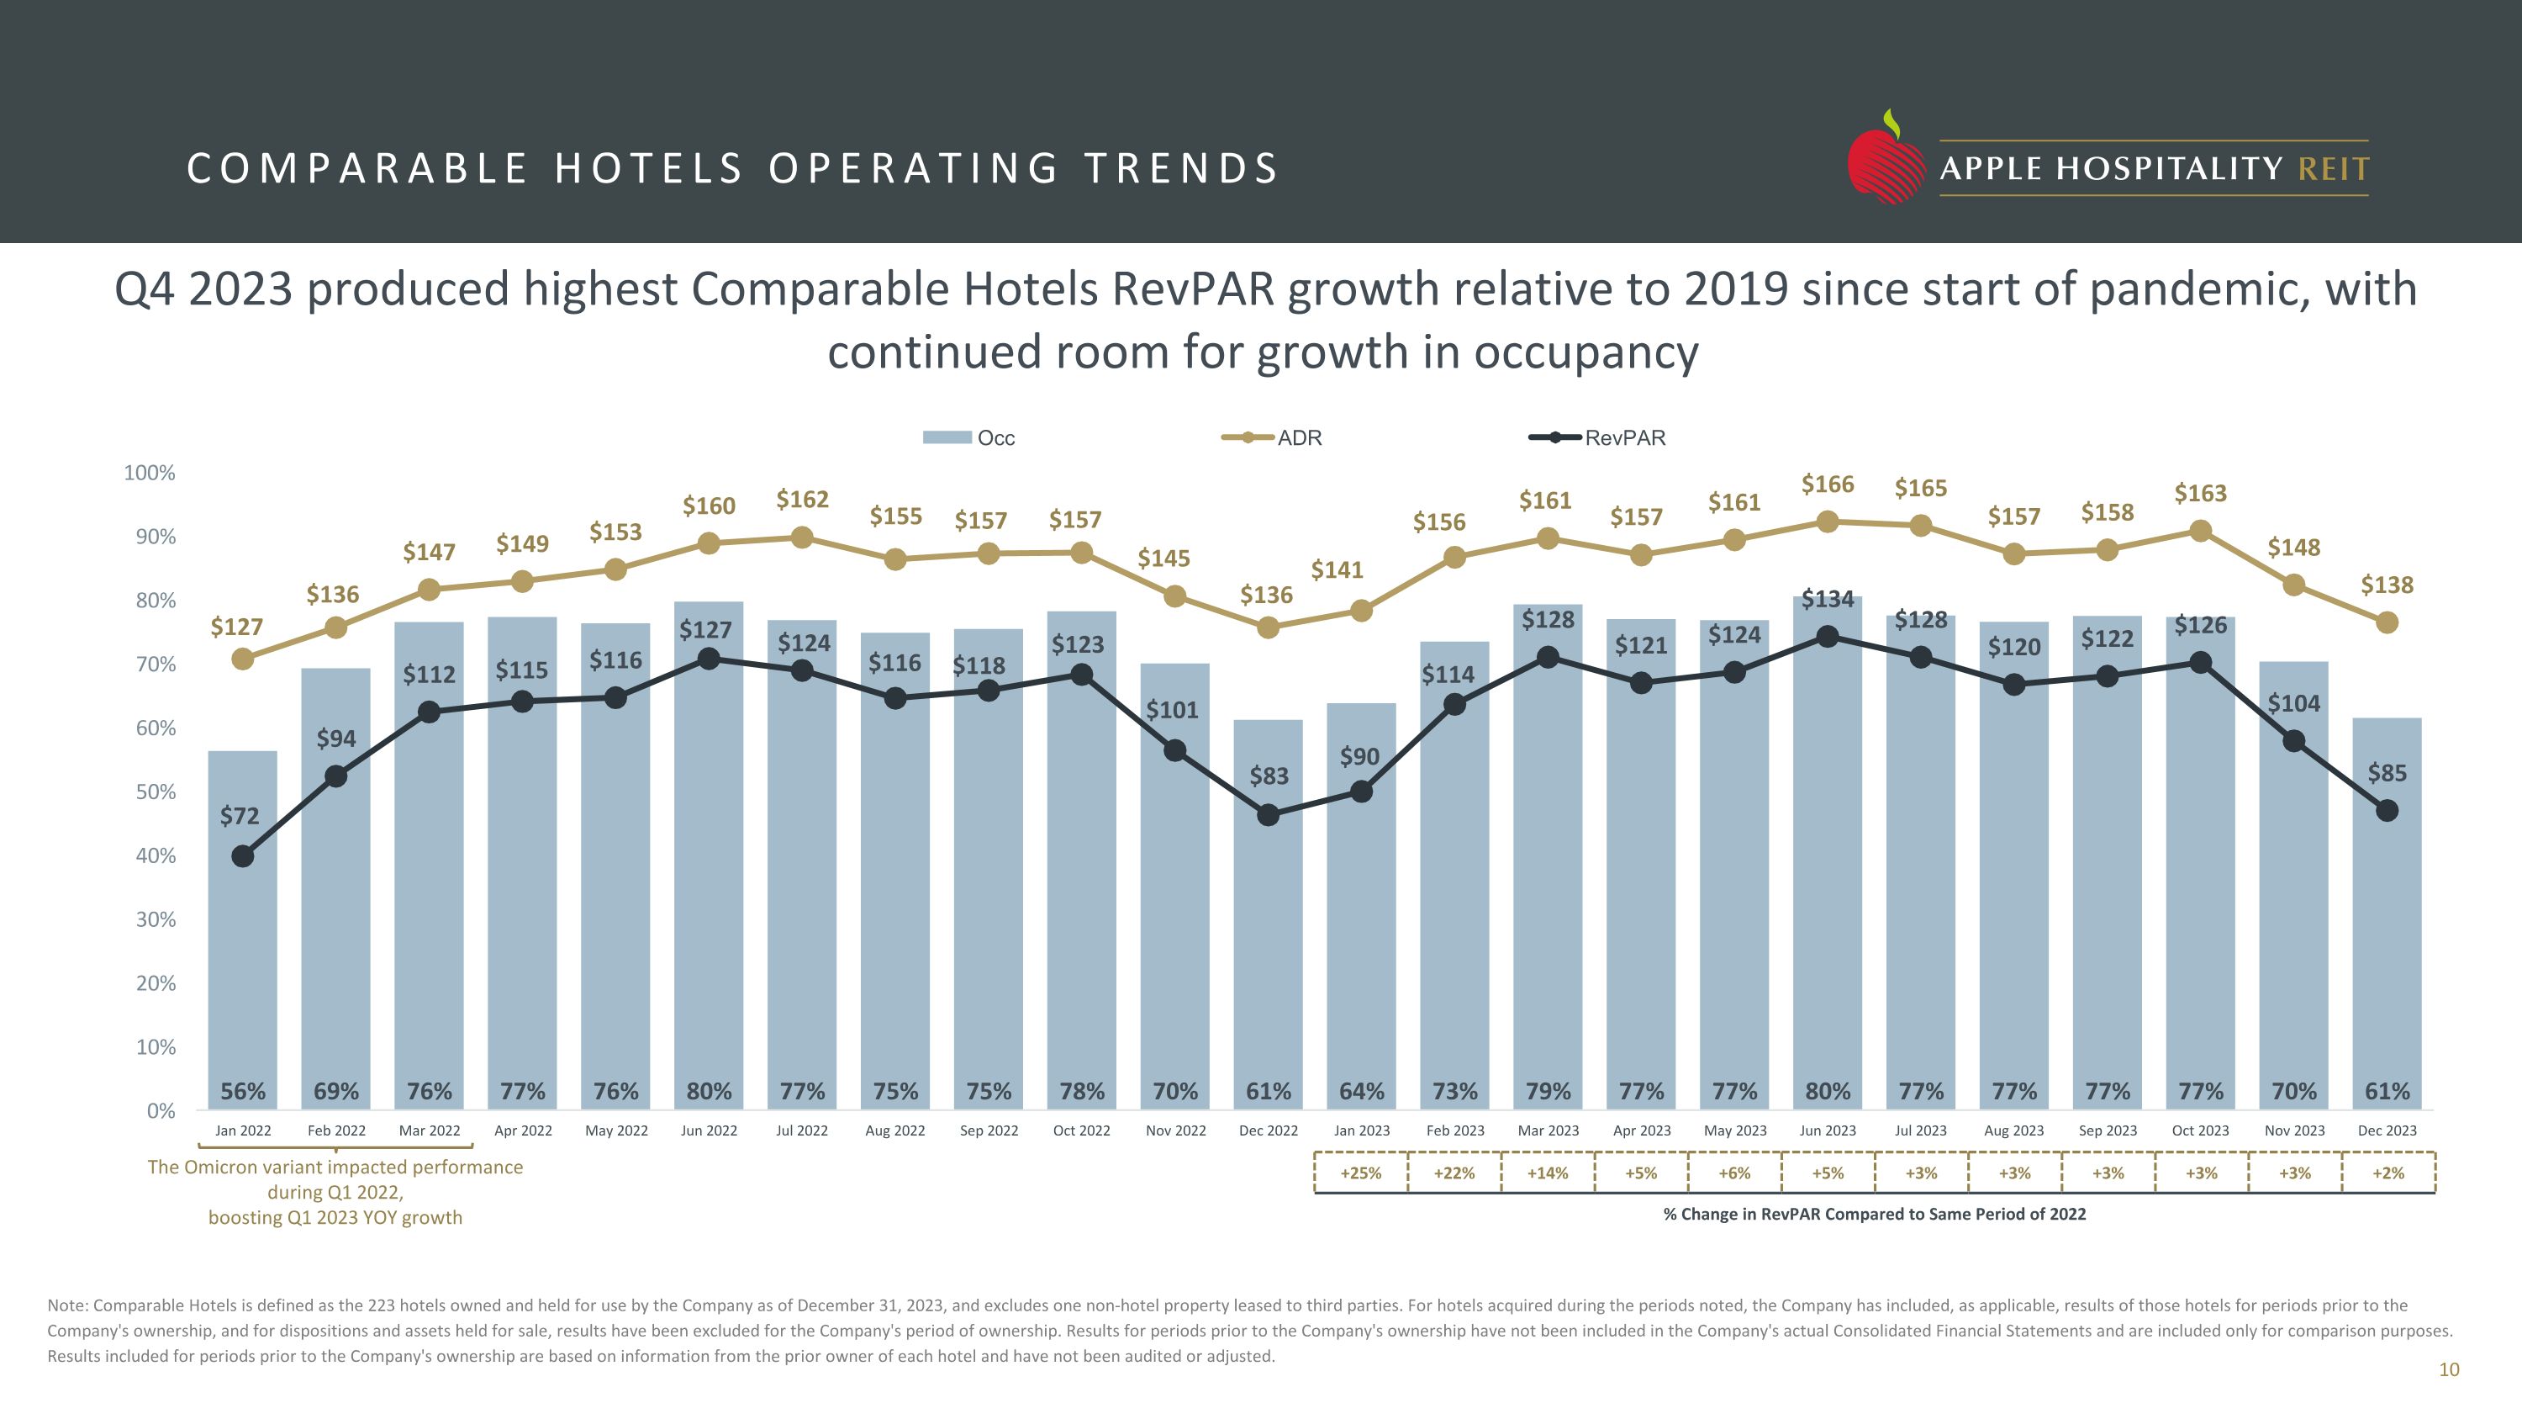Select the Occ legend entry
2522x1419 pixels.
click(x=969, y=437)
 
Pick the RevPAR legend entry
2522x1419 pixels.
click(x=1596, y=437)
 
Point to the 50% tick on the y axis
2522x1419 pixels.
click(x=156, y=792)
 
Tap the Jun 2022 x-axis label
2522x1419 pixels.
click(x=709, y=1130)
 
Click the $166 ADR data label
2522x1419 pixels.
click(x=1827, y=484)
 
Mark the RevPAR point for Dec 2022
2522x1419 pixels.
click(x=1268, y=815)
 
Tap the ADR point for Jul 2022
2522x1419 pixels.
click(x=802, y=537)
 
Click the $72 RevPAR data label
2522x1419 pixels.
click(x=239, y=816)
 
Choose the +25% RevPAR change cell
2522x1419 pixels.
click(x=1361, y=1173)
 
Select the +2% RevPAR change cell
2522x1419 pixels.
click(x=2387, y=1173)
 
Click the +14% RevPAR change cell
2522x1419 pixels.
click(x=1548, y=1173)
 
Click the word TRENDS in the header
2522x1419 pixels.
click(x=1181, y=168)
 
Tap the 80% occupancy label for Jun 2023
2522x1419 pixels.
click(x=1827, y=1091)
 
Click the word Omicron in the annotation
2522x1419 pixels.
click(x=231, y=1167)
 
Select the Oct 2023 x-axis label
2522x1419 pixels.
click(x=2200, y=1130)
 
